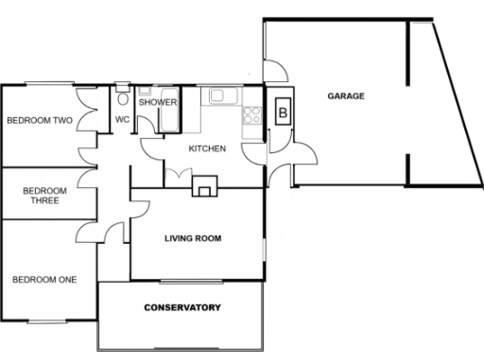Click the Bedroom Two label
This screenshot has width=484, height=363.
(x=40, y=121)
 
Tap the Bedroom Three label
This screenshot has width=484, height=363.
(x=42, y=194)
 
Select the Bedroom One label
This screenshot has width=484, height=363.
(x=43, y=279)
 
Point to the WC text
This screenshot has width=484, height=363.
(x=122, y=120)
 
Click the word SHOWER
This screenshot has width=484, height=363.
(x=158, y=102)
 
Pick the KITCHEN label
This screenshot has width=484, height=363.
(x=207, y=149)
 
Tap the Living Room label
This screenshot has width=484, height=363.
(x=193, y=238)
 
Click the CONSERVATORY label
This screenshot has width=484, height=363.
(x=182, y=308)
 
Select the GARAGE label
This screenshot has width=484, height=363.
(x=346, y=96)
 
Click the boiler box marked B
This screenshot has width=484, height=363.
(x=283, y=112)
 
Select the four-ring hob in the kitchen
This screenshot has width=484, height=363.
(x=252, y=116)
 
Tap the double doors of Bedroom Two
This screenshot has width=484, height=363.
(x=88, y=115)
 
